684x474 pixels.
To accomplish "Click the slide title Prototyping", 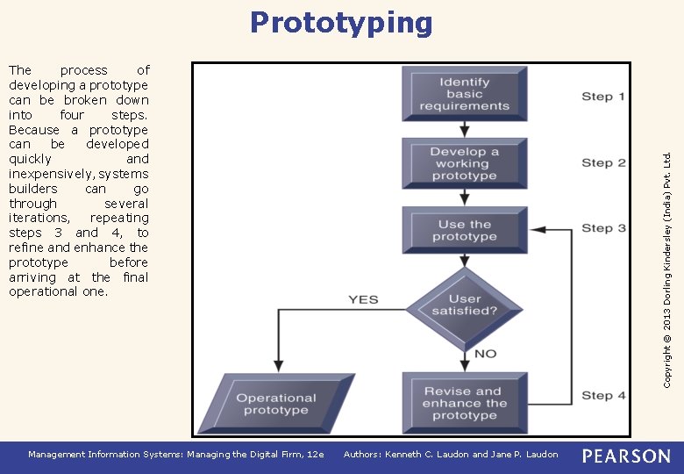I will click(341, 22).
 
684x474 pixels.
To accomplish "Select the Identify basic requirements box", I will click(465, 94).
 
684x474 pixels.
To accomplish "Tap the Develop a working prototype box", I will click(465, 164).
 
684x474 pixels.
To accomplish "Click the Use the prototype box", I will click(465, 231).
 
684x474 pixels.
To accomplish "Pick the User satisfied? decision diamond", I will click(465, 305).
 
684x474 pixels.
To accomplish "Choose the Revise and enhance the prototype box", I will click(465, 403).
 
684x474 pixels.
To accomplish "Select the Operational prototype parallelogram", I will click(276, 404).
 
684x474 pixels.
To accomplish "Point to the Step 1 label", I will click(603, 97).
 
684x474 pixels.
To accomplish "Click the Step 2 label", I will click(603, 162).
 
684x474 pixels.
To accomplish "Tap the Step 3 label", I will click(603, 228).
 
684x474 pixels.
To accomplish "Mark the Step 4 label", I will click(603, 395).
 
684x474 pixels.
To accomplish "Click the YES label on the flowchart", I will click(363, 299).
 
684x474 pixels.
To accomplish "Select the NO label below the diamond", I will click(485, 353).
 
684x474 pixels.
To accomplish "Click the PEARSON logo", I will click(625, 456).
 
